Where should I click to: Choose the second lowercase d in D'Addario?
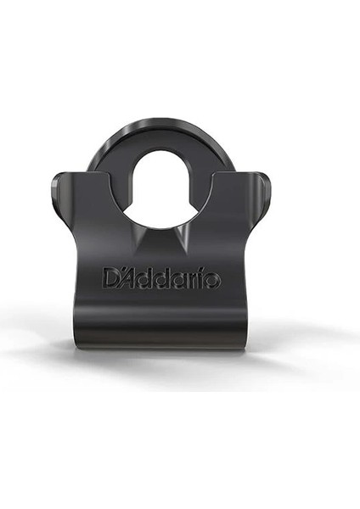[164, 278]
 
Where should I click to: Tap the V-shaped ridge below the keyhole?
[160, 242]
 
